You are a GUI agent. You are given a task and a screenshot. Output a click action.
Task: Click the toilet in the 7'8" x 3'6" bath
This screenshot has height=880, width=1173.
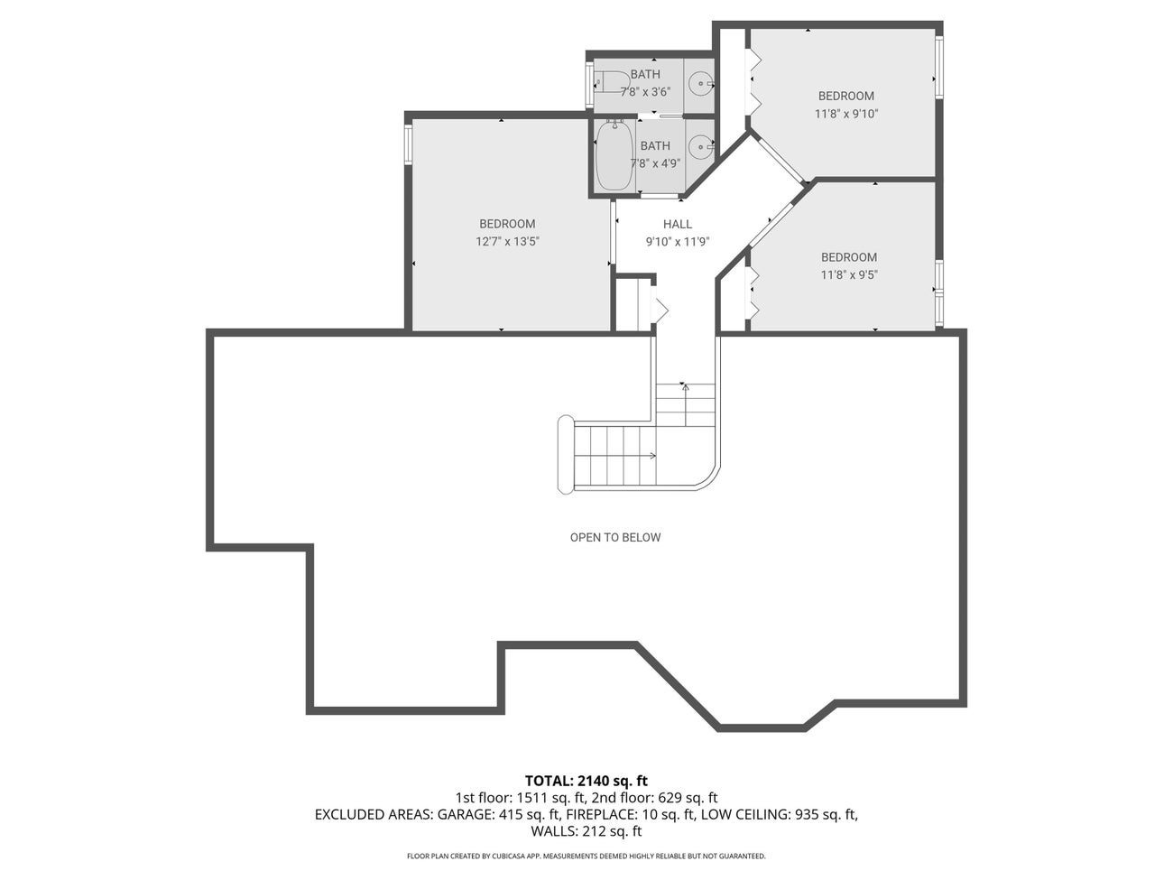613,82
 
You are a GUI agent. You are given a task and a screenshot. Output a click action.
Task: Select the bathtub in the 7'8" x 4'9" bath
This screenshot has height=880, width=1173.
614,157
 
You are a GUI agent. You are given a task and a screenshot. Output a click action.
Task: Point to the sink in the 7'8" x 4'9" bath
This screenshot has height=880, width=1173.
700,146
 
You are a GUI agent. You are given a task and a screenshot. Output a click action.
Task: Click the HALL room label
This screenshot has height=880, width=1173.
678,225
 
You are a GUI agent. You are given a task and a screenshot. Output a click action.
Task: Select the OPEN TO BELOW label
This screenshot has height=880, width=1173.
614,538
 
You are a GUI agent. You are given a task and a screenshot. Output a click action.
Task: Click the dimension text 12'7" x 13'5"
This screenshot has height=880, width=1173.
507,242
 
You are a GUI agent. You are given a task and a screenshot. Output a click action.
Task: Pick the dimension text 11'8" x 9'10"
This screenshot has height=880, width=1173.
845,114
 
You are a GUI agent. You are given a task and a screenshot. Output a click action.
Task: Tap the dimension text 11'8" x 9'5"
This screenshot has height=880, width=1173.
848,275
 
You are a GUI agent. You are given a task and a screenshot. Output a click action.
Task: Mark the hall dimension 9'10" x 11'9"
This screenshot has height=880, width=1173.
678,242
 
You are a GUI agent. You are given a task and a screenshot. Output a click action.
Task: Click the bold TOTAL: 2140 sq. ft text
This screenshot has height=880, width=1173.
586,781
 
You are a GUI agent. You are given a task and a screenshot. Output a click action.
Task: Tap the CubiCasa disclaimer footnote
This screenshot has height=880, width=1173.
586,856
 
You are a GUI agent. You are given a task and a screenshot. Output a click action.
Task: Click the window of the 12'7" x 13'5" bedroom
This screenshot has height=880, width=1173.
408,144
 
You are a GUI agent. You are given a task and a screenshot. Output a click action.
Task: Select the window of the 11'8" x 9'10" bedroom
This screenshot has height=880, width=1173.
938,66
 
